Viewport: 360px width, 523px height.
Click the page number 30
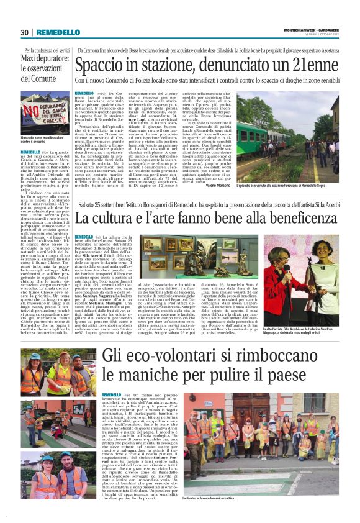[25, 32]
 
